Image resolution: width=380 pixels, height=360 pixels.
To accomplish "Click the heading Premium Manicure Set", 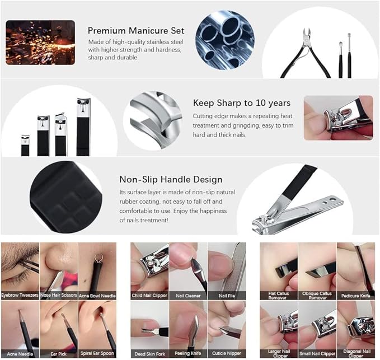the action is pos(136,31).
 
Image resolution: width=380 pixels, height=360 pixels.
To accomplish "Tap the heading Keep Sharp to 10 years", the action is pos(242,103).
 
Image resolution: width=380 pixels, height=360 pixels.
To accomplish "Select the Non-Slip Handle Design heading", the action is pos(171,180).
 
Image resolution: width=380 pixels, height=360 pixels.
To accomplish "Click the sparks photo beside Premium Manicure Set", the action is pos(40,43).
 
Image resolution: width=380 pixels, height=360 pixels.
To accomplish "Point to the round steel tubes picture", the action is pos(225,40).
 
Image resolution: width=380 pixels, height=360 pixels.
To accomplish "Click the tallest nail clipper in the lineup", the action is pos(83,127).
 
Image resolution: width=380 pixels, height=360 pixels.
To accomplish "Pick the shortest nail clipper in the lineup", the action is pos(25,146).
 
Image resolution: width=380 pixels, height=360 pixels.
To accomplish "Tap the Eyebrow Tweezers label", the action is pos(20,295).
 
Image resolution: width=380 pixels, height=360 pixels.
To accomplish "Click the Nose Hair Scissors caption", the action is pos(59,295).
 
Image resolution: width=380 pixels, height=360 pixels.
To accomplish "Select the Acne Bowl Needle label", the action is pos(97,296).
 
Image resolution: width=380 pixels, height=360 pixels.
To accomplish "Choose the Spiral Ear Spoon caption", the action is pos(97,353).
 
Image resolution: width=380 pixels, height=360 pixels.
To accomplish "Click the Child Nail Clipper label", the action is pos(149,296).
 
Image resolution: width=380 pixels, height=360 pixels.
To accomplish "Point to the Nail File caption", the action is pos(227,296).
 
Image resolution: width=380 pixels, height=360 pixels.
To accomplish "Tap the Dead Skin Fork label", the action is pos(150,354).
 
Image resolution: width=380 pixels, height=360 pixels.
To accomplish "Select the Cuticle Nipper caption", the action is pos(227,353).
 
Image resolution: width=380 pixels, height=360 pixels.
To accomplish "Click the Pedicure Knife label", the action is pos(356,296).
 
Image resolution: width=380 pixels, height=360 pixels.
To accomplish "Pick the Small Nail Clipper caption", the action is pos(317,354).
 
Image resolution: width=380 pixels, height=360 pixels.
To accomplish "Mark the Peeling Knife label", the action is pos(188,353).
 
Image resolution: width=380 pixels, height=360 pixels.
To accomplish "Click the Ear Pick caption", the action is pos(59,354).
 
